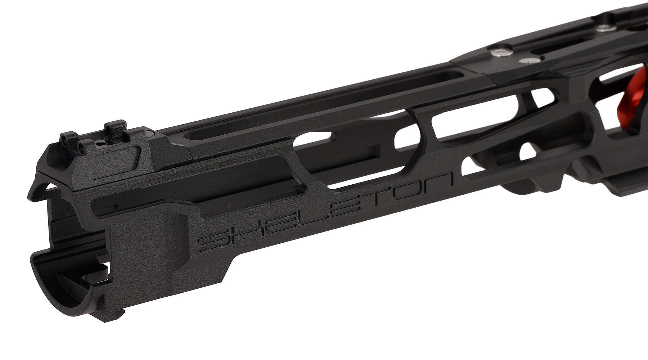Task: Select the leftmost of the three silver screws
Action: click(x=495, y=53)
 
